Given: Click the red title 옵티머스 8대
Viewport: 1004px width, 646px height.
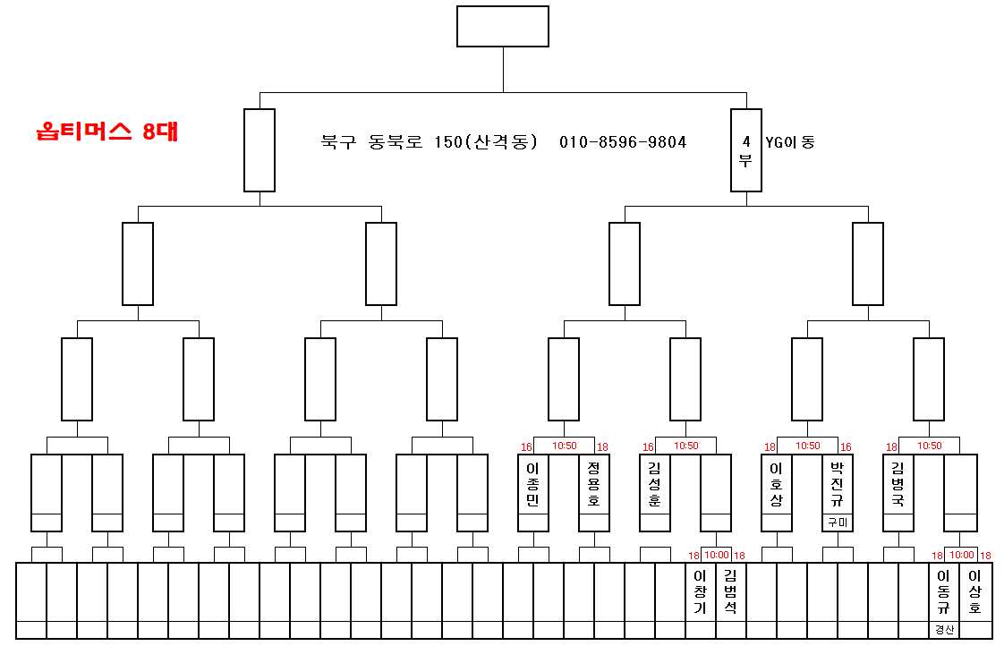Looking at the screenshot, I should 107,132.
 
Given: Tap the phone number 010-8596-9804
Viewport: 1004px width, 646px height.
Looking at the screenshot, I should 623,142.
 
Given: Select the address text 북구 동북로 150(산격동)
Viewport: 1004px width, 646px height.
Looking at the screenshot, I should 429,142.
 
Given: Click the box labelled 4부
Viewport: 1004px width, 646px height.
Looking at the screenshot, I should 745,150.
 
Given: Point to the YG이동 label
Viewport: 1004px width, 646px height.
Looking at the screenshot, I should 790,142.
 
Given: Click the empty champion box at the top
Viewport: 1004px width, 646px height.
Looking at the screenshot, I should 502,26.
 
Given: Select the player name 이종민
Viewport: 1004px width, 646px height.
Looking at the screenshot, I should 533,485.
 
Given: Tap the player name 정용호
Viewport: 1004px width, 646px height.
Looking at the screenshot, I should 594,485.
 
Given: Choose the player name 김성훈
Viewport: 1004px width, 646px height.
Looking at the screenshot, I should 655,485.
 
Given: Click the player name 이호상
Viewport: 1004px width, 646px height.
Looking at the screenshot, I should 777,485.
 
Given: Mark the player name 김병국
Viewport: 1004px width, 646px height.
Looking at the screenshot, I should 898,485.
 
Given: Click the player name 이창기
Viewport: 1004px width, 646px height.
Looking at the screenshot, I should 701,592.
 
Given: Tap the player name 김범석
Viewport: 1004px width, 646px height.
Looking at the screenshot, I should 731,592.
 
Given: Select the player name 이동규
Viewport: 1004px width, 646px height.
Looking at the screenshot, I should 943,592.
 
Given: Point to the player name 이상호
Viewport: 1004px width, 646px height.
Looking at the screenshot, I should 975,592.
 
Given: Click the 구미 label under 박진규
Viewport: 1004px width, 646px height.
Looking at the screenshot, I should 838,523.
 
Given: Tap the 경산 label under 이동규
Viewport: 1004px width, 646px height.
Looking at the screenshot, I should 944,630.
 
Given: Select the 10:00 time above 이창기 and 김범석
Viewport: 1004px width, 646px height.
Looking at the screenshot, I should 716,555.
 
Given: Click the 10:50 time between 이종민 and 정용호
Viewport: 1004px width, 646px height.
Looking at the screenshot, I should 564,446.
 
